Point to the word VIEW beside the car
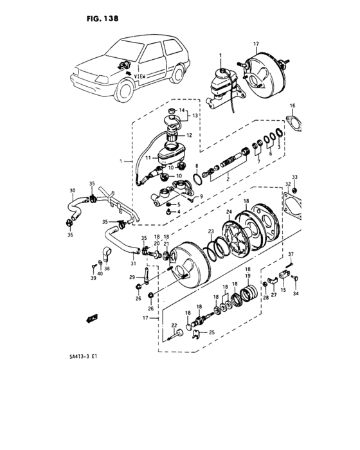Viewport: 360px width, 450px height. tap(140, 76)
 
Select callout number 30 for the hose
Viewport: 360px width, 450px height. tap(72, 190)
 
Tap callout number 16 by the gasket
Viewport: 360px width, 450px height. tap(292, 105)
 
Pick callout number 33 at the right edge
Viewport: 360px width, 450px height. tap(294, 176)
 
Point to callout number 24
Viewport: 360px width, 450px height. tap(228, 212)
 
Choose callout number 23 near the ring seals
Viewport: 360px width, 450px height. tap(210, 231)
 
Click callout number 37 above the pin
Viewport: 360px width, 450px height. tap(290, 254)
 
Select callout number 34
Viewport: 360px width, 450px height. tap(296, 294)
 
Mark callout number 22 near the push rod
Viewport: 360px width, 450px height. tap(174, 326)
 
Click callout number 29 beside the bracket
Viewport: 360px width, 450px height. tap(130, 277)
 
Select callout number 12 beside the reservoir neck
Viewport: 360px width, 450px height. tap(189, 135)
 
